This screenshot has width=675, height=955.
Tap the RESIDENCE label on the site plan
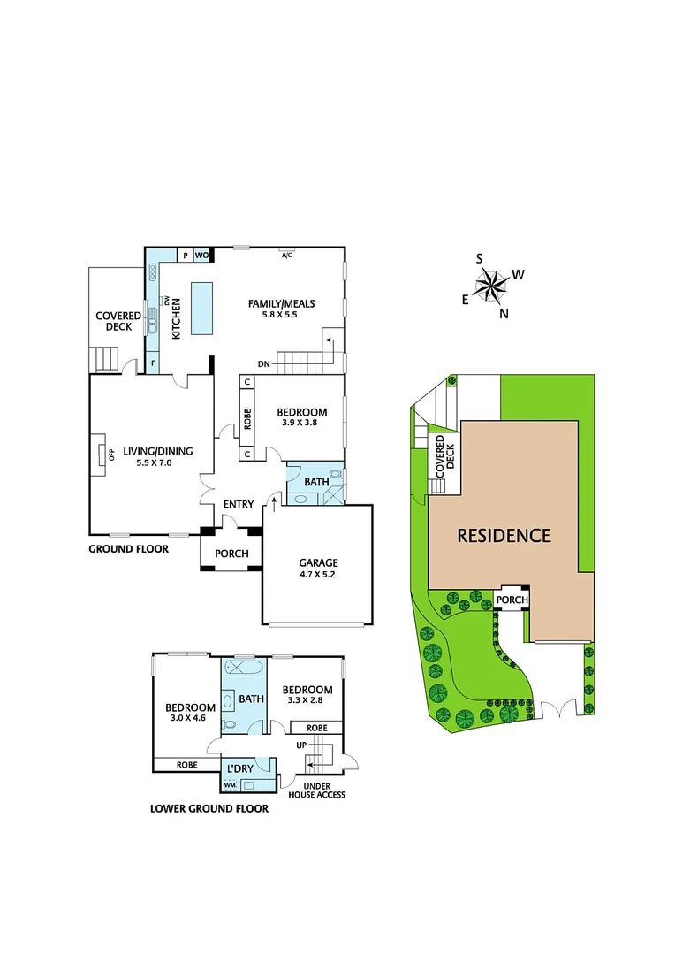pos(504,535)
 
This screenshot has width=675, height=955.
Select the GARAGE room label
pos(317,562)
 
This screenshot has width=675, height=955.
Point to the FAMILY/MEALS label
pos(282,303)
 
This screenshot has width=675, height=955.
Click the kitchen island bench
pos(202,308)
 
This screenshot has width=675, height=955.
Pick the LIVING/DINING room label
pos(158,450)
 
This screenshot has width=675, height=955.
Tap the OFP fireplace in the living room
pos(100,454)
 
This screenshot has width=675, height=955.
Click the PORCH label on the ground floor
pos(232,554)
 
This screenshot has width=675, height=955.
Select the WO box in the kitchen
pos(201,256)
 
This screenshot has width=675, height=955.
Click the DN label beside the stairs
pos(264,363)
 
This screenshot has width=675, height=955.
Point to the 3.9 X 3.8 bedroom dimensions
pos(302,423)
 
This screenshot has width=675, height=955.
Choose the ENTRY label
pos(239,504)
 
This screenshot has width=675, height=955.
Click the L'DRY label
pos(240,769)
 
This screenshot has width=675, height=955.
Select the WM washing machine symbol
pos(230,784)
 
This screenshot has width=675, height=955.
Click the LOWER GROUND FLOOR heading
pos(209,808)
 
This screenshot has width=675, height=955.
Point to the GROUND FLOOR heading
pos(129,548)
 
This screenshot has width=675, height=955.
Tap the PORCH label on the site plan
pos(512,600)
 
